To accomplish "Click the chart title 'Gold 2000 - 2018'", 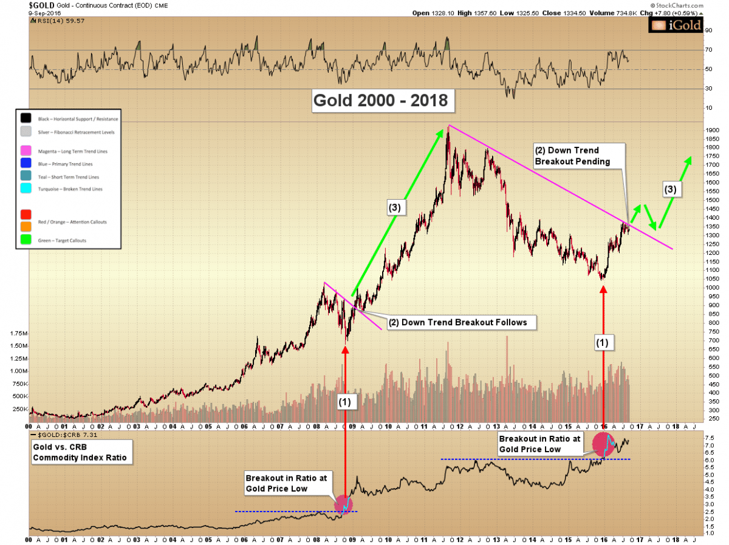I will (x=381, y=100).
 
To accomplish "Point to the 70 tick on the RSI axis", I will (x=708, y=50).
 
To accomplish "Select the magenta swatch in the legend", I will (x=25, y=151).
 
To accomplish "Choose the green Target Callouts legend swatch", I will (x=25, y=240).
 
